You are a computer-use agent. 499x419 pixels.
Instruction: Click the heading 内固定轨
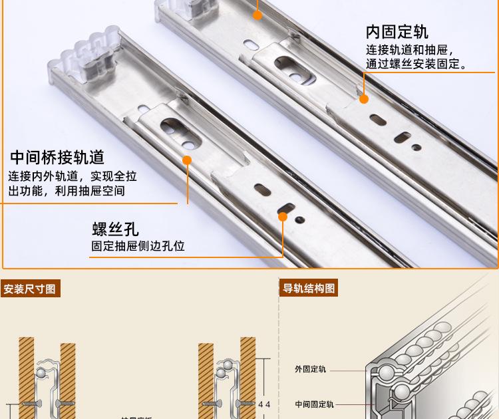click(397, 32)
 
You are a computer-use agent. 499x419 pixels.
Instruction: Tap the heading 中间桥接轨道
click(57, 158)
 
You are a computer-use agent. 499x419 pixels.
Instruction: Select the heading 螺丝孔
click(115, 229)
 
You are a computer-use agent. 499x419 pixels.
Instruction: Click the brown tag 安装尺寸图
click(31, 289)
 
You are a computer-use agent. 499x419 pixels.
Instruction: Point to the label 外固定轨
click(310, 369)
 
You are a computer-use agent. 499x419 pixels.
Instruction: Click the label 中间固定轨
click(314, 404)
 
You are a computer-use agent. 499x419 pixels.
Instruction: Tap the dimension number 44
click(264, 403)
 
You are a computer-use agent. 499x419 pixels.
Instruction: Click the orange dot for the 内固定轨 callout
click(364, 99)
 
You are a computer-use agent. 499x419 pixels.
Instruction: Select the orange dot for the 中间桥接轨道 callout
click(187, 160)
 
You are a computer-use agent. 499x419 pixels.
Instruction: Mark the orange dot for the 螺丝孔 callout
click(282, 216)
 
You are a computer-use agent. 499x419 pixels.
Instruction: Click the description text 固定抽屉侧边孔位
click(138, 246)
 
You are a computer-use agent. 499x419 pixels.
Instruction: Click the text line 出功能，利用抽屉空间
click(67, 192)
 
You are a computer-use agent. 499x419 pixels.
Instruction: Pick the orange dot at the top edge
click(257, 13)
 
